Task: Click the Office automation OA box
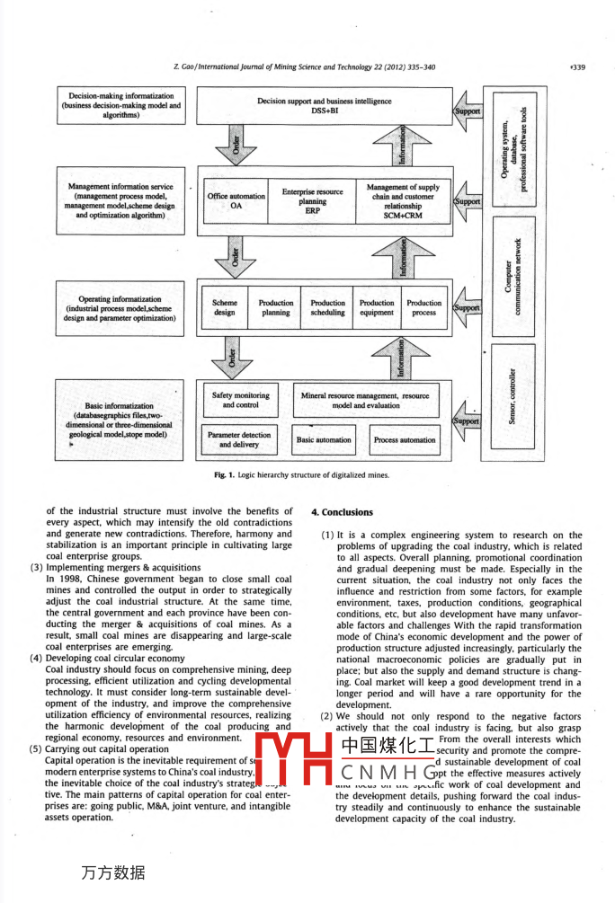point(236,200)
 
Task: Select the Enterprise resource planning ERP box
point(312,200)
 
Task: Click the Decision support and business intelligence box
point(324,106)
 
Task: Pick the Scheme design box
point(225,307)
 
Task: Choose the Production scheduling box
point(327,307)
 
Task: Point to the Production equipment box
point(376,307)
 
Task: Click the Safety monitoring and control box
point(240,400)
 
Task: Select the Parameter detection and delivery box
point(239,440)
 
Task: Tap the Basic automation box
point(324,440)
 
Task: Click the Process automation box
point(405,440)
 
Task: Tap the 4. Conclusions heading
point(342,512)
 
